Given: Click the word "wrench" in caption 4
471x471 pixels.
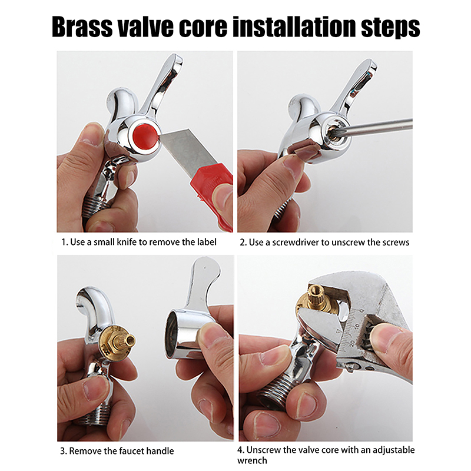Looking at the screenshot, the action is click(252, 460).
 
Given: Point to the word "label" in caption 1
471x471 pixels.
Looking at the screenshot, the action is click(207, 242).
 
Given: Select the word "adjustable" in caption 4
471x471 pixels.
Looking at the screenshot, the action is click(393, 450).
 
